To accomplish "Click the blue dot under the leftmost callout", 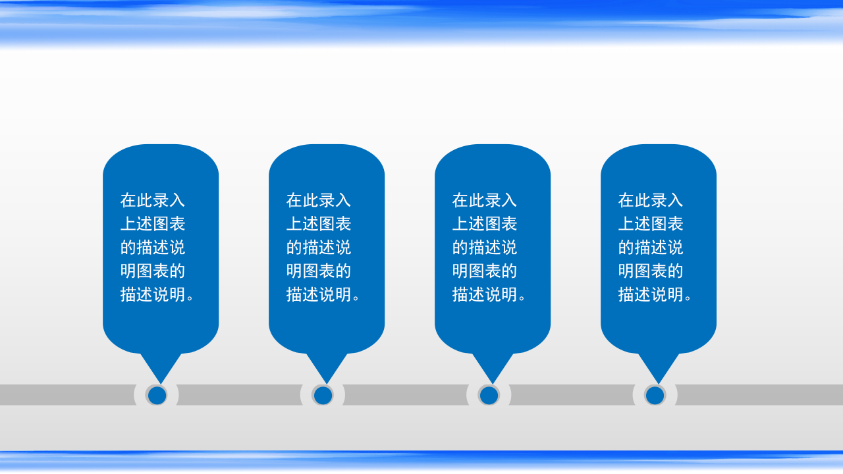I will click(157, 395).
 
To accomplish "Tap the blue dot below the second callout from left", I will click(323, 395).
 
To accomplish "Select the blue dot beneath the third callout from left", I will click(489, 395).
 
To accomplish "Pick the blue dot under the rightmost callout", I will click(655, 395).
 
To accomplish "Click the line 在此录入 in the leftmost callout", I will click(153, 200).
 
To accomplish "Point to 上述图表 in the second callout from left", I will click(319, 224).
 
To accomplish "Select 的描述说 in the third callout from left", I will click(485, 248).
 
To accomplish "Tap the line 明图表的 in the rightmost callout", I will click(651, 271).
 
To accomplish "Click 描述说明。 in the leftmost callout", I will click(158, 295).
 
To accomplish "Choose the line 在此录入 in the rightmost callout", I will click(651, 200).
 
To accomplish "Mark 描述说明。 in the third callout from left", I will click(490, 295).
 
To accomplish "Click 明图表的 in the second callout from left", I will click(319, 271).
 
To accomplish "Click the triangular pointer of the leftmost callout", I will click(160, 366).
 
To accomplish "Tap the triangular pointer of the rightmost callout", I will click(658, 366).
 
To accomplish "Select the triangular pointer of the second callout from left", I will click(326, 366).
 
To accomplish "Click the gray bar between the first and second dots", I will click(240, 395).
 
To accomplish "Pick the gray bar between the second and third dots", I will click(406, 395).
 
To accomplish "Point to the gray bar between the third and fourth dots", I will click(572, 395).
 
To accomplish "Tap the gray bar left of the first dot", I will click(66, 395).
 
